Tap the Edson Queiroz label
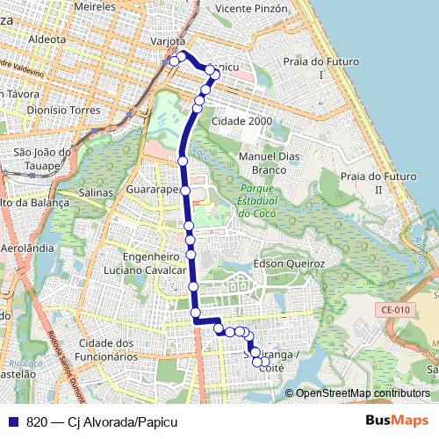pyautogui.click(x=288, y=263)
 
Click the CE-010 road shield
pyautogui.click(x=396, y=309)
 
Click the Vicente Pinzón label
pyautogui.click(x=250, y=8)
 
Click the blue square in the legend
pyautogui.click(x=13, y=422)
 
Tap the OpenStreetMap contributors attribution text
pyautogui.click(x=363, y=393)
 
